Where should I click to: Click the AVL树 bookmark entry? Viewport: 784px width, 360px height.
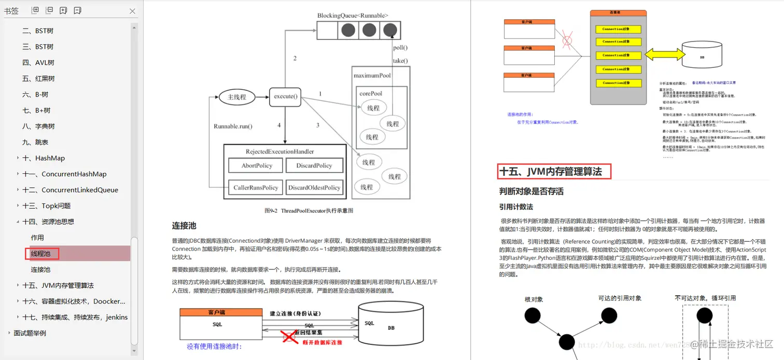coord(38,63)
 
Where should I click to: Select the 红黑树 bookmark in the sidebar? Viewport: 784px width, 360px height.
coord(38,79)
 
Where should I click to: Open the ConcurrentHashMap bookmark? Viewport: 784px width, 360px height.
coord(64,174)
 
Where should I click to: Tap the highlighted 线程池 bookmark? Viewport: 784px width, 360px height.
coord(41,254)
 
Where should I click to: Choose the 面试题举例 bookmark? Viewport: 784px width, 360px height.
coord(30,333)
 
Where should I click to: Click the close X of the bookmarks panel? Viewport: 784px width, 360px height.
coord(132,11)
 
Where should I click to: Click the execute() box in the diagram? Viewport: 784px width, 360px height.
coord(285,96)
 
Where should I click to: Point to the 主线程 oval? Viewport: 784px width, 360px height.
coord(237,97)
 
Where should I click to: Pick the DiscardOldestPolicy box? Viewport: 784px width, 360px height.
coord(314,188)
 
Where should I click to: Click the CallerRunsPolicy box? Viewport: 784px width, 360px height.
coord(256,188)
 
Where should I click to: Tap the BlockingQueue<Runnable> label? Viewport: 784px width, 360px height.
coord(353,16)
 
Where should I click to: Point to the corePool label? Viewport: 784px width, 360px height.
coord(371,93)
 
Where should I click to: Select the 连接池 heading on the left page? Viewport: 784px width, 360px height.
coord(184,226)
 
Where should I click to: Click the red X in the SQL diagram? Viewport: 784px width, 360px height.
coord(290,337)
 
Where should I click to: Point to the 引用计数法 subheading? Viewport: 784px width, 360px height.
coord(516,206)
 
